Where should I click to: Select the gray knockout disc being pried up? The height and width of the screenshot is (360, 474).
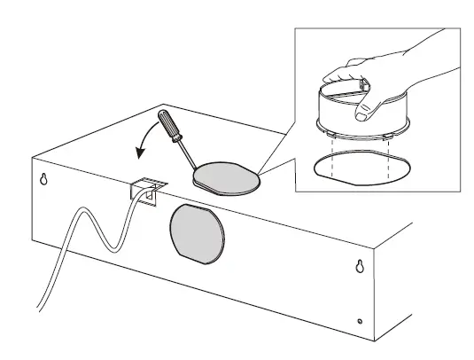(x=228, y=177)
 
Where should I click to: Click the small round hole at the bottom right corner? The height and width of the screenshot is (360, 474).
(x=359, y=320)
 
